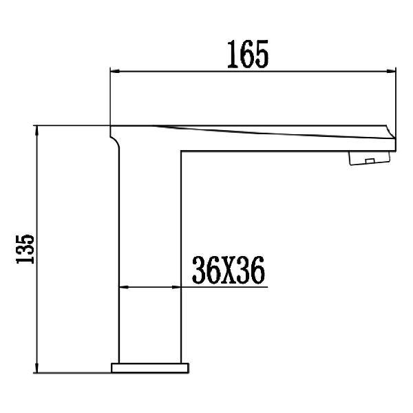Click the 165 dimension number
click(x=248, y=54)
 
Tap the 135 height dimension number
click(x=25, y=249)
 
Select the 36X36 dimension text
click(x=228, y=270)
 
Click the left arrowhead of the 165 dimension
click(x=115, y=71)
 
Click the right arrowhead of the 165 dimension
click(x=391, y=71)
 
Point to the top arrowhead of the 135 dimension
click(x=37, y=131)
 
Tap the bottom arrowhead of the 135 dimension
click(x=37, y=368)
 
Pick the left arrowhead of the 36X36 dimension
click(x=124, y=287)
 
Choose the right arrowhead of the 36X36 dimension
click(x=176, y=287)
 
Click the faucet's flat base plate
click(x=150, y=368)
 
